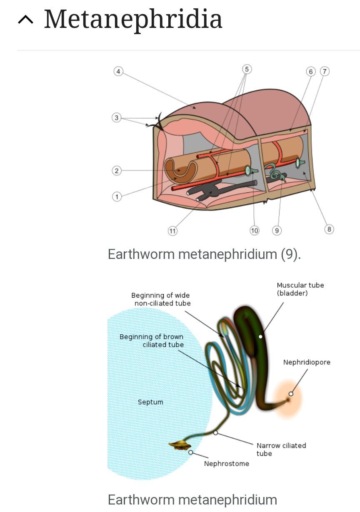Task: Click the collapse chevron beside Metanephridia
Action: [x=26, y=20]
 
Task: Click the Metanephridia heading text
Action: [x=133, y=19]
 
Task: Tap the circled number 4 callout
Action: [x=118, y=72]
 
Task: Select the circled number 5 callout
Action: [x=247, y=69]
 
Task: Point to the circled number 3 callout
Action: [x=117, y=118]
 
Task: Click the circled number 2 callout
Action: [x=117, y=171]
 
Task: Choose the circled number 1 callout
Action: [x=117, y=196]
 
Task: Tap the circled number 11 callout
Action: [x=172, y=231]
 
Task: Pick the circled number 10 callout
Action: [x=254, y=231]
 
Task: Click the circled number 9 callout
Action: [x=277, y=231]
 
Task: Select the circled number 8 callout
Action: [x=329, y=229]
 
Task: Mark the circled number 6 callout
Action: [x=310, y=72]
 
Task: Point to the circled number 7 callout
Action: [x=325, y=72]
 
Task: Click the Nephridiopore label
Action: [x=307, y=362]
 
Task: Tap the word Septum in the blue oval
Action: [x=150, y=402]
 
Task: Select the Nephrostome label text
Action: [x=226, y=464]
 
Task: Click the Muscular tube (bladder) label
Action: [x=300, y=289]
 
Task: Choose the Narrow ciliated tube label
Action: [x=281, y=450]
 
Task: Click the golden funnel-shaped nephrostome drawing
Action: [x=179, y=445]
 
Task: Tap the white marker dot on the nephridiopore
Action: [x=291, y=394]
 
